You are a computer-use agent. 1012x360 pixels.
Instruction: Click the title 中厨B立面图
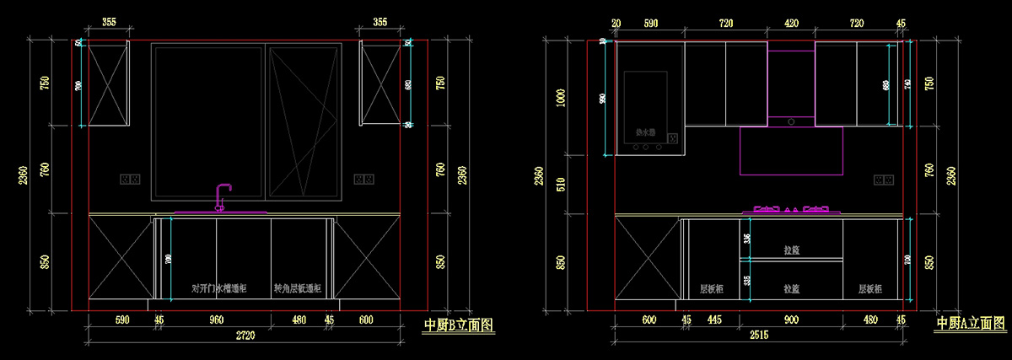coord(458,324)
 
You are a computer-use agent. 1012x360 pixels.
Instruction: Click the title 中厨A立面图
coord(971,323)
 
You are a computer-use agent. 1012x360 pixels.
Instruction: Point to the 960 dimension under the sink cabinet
coord(216,320)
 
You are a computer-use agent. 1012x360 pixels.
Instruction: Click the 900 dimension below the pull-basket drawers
coord(792,320)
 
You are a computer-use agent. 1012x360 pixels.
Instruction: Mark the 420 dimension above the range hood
coord(791,24)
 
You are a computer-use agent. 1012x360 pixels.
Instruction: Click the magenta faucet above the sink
coord(223,196)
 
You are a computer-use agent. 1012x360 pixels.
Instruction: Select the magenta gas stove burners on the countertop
coord(792,208)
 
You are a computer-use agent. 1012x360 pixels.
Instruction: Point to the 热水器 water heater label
coord(645,132)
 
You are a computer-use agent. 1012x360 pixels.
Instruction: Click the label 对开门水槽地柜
coord(219,288)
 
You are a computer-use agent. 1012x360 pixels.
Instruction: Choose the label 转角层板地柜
coord(299,288)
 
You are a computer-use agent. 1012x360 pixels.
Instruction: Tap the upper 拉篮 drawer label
coord(791,250)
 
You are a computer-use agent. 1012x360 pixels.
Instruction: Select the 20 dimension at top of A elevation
coord(616,24)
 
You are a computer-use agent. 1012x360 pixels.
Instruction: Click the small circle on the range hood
coord(791,121)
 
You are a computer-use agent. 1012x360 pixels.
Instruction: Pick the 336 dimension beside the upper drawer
coord(746,239)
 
